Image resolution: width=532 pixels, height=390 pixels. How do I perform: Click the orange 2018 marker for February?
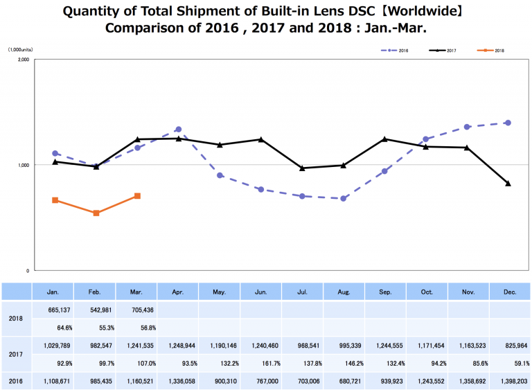96,213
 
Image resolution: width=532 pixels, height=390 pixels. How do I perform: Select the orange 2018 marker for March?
137,196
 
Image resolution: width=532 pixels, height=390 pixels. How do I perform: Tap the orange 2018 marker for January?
55,200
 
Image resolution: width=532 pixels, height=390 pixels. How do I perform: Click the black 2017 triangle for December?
508,184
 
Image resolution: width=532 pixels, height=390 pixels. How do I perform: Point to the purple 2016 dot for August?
344,199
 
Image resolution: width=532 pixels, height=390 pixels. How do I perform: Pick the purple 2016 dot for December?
508,123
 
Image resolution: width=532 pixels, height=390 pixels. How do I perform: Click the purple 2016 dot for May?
220,175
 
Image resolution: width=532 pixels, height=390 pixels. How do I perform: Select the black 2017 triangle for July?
302,168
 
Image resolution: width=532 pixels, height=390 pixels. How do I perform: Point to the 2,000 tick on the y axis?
22,60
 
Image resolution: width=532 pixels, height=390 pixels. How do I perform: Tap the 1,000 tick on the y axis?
22,165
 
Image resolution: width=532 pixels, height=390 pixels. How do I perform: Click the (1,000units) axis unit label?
21,50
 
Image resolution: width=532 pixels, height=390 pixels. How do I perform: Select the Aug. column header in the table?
344,292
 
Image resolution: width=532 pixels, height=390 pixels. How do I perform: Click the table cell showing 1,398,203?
509,380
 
